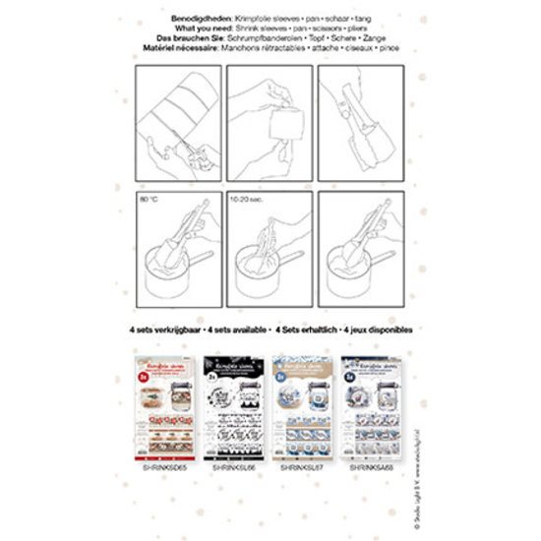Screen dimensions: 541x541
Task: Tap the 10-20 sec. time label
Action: (x=247, y=199)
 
